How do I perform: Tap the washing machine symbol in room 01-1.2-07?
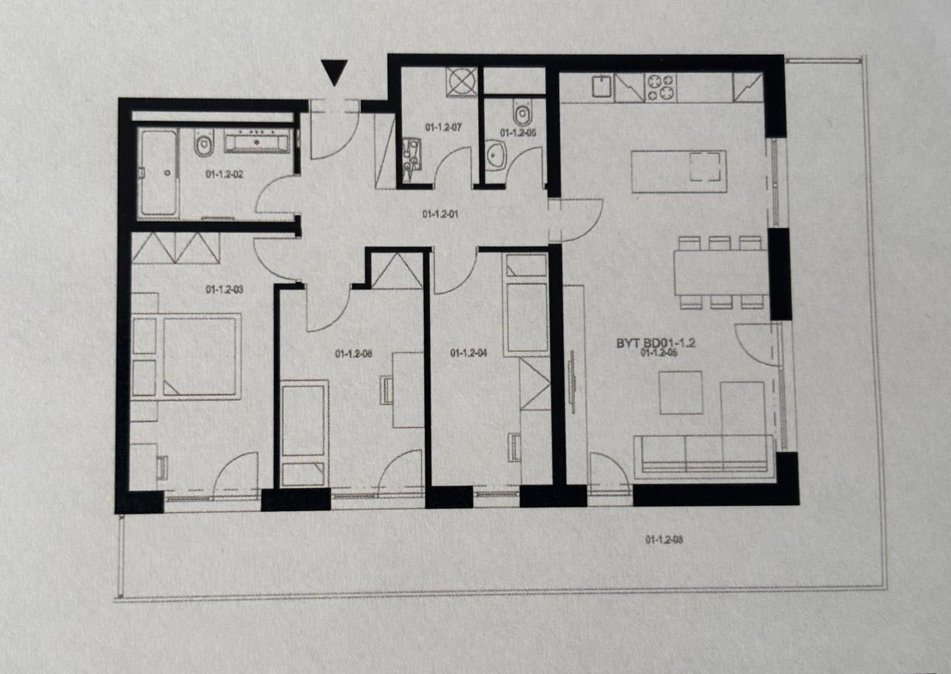tap(462, 82)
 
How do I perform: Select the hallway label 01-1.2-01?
tap(440, 214)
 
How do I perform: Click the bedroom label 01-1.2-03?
tap(224, 290)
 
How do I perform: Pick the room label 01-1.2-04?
tap(469, 353)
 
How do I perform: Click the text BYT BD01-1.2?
tap(656, 343)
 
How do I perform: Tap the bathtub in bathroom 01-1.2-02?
tap(159, 173)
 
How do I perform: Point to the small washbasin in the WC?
tap(495, 156)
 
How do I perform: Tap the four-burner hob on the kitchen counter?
tap(661, 87)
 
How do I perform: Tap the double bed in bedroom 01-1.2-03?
tap(199, 356)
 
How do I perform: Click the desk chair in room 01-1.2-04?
tap(514, 446)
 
